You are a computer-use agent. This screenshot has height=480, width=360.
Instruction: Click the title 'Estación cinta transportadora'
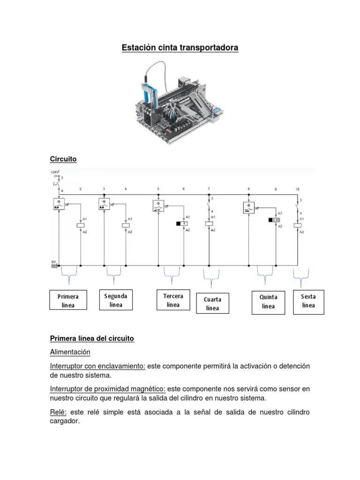point(180,48)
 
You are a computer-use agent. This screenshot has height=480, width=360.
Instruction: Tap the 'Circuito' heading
point(63,159)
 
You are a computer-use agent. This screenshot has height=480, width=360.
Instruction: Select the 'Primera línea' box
point(68,300)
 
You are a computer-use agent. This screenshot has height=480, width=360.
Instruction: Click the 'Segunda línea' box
point(115,300)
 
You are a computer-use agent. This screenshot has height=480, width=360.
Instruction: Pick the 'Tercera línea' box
point(173,300)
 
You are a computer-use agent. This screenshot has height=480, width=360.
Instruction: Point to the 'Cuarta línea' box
point(212,303)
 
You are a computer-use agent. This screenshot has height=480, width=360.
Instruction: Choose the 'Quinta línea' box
point(268,301)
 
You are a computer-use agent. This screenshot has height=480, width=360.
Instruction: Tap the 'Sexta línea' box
point(308,300)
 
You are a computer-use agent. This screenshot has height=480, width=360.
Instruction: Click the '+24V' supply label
point(55,172)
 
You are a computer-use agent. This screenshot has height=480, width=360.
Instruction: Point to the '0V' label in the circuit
point(54,262)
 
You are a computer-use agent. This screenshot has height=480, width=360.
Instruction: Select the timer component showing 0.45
point(274,220)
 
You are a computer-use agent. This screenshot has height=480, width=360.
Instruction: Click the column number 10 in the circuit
point(297,189)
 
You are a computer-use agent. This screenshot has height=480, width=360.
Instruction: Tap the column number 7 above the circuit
point(209,189)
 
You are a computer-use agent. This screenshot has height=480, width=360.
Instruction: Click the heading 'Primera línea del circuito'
point(92,338)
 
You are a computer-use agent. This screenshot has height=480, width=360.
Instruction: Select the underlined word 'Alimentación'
point(70,352)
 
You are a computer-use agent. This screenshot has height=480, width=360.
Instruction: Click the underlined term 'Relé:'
point(59,412)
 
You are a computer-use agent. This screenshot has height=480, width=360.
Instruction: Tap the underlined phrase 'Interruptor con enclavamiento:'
point(97,366)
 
